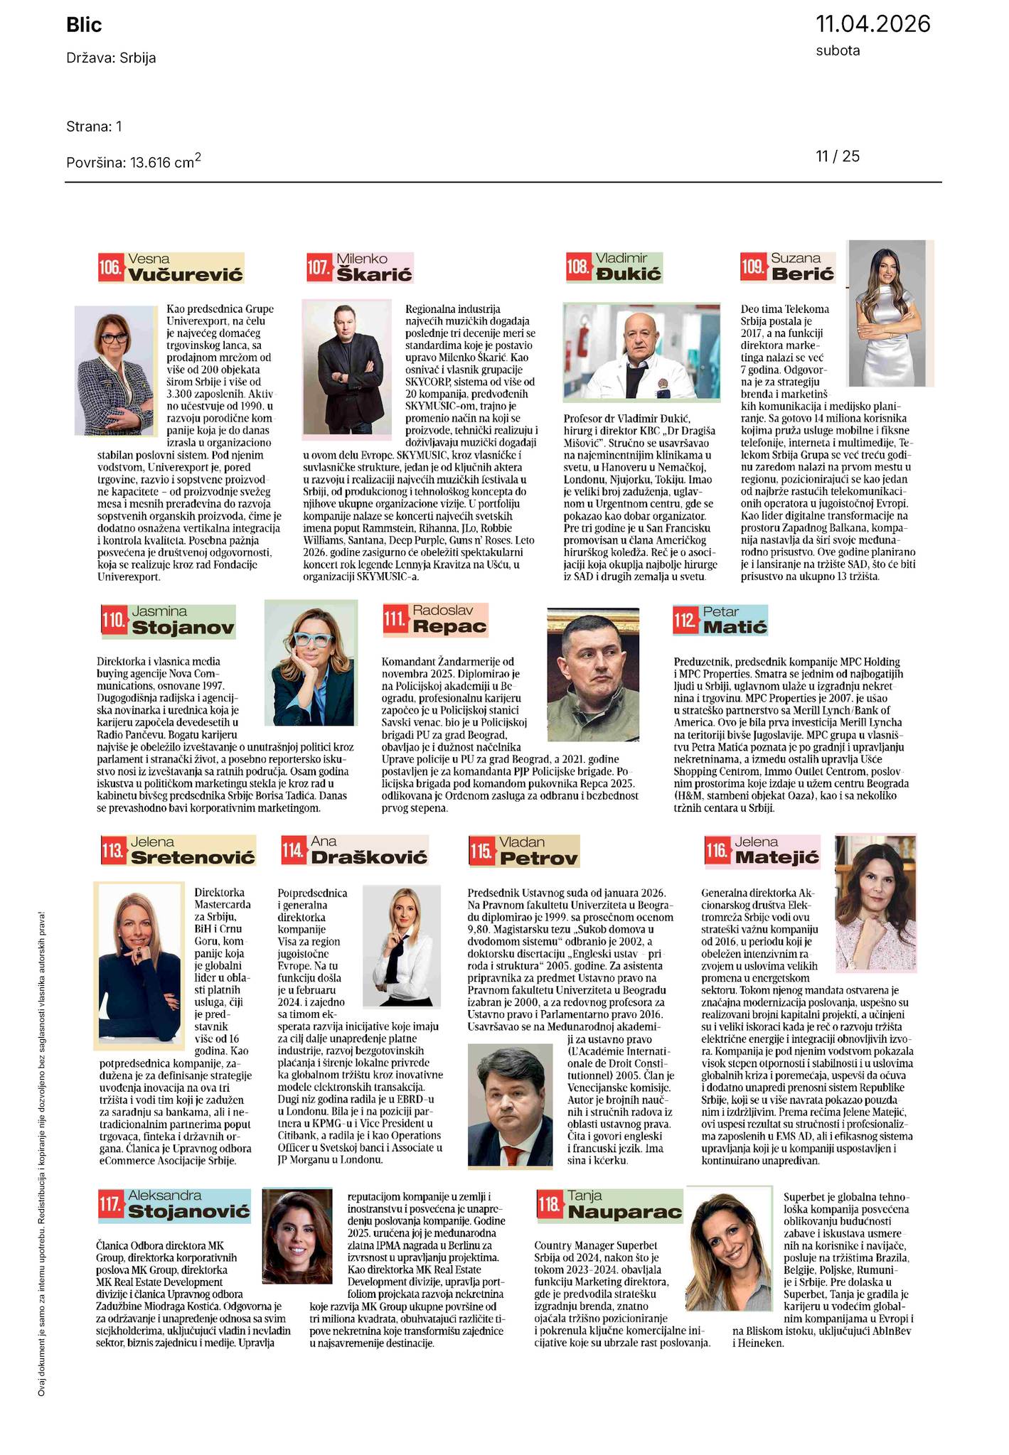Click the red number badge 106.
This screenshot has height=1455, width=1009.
coord(110,268)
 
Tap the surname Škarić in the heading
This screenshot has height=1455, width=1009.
coord(374,274)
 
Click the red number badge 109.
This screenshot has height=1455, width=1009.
coord(752,267)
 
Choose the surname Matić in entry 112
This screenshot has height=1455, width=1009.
coord(735,627)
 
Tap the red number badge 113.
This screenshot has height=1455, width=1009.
coord(113,852)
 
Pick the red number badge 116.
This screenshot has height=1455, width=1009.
coord(717,851)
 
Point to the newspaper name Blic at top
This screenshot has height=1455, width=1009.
coord(84,26)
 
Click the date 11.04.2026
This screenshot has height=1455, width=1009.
coord(872,23)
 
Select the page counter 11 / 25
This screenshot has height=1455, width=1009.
coord(838,156)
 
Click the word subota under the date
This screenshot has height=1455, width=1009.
coord(838,50)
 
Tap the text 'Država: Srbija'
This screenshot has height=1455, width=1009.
coord(111,58)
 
